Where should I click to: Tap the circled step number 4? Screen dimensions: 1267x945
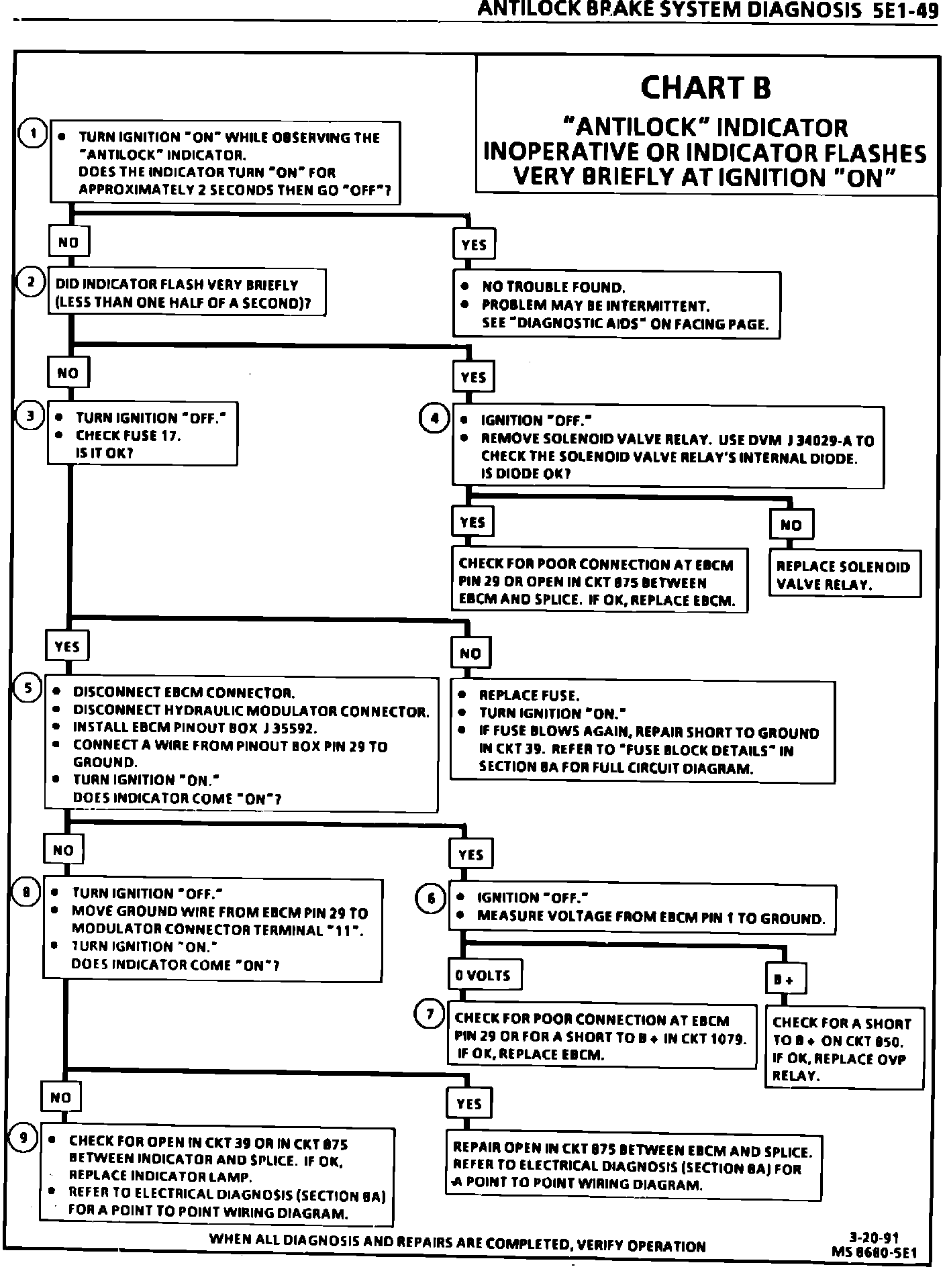[x=434, y=418]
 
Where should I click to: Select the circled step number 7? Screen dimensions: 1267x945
[x=430, y=1013]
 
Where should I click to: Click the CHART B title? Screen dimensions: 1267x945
[x=705, y=88]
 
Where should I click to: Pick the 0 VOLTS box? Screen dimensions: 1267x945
[x=485, y=975]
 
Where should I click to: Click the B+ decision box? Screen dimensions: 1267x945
[x=785, y=979]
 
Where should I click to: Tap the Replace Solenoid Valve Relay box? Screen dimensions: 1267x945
[x=844, y=576]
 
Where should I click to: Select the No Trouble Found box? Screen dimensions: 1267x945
[x=617, y=305]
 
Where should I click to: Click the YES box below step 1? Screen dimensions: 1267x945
[x=474, y=245]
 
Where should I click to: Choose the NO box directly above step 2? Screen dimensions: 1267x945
[x=68, y=242]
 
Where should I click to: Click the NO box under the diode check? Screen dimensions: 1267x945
[x=791, y=525]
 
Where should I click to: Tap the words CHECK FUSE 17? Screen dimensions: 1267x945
[x=128, y=436]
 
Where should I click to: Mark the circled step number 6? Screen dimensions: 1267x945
[x=431, y=898]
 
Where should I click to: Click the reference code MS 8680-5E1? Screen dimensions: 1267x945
[x=874, y=1253]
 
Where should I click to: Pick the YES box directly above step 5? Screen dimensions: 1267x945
[x=67, y=646]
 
